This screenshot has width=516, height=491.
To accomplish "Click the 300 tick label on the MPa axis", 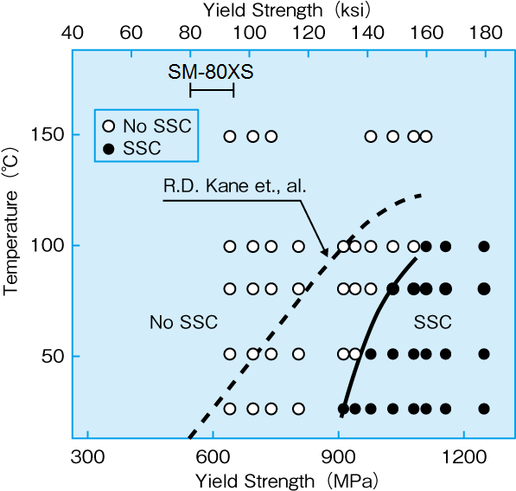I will (86, 456).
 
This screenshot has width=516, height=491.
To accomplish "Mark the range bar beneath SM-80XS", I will (212, 91).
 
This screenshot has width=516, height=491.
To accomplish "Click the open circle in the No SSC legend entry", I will (109, 125).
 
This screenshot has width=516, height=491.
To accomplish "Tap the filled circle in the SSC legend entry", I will (109, 147).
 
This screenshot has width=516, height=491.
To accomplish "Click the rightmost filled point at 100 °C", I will (484, 247).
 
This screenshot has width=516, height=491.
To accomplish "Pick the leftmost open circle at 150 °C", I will (230, 136).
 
